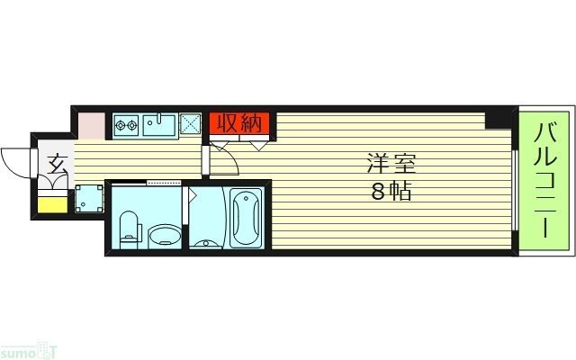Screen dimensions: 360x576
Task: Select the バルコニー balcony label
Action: [545, 180]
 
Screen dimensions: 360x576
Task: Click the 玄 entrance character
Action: [57, 166]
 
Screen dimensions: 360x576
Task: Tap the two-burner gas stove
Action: [125, 125]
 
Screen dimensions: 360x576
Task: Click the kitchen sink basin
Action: [159, 125]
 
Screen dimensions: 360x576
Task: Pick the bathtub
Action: [246, 219]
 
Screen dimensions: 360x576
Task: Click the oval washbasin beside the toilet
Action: [164, 236]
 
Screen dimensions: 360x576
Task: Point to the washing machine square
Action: [87, 198]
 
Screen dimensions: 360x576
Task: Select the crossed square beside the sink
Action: [190, 124]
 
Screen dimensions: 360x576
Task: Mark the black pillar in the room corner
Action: [496, 120]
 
